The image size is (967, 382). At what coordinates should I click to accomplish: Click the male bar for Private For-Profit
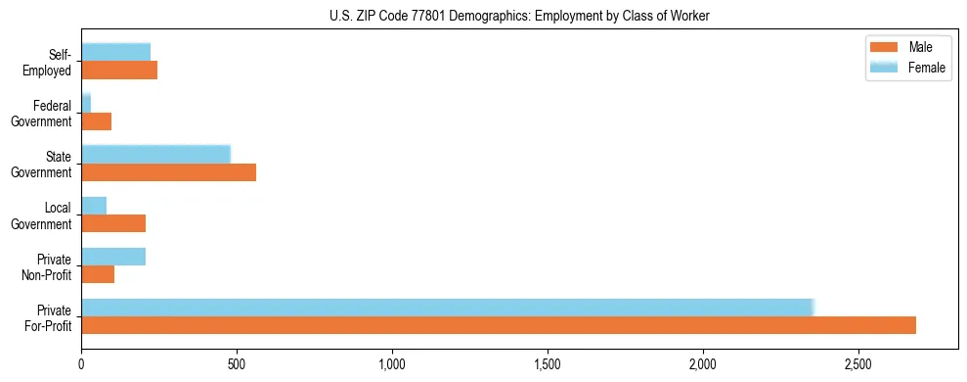[x=499, y=325]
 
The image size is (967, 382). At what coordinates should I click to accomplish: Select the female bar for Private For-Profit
[x=447, y=308]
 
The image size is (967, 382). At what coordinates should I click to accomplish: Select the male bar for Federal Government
[x=96, y=121]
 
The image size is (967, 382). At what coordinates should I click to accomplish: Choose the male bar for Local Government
[x=113, y=223]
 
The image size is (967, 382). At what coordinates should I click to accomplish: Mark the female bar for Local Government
[x=94, y=206]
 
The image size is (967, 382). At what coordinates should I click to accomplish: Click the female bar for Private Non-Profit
[x=113, y=257]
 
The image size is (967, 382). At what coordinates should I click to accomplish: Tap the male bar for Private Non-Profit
[x=98, y=274]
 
